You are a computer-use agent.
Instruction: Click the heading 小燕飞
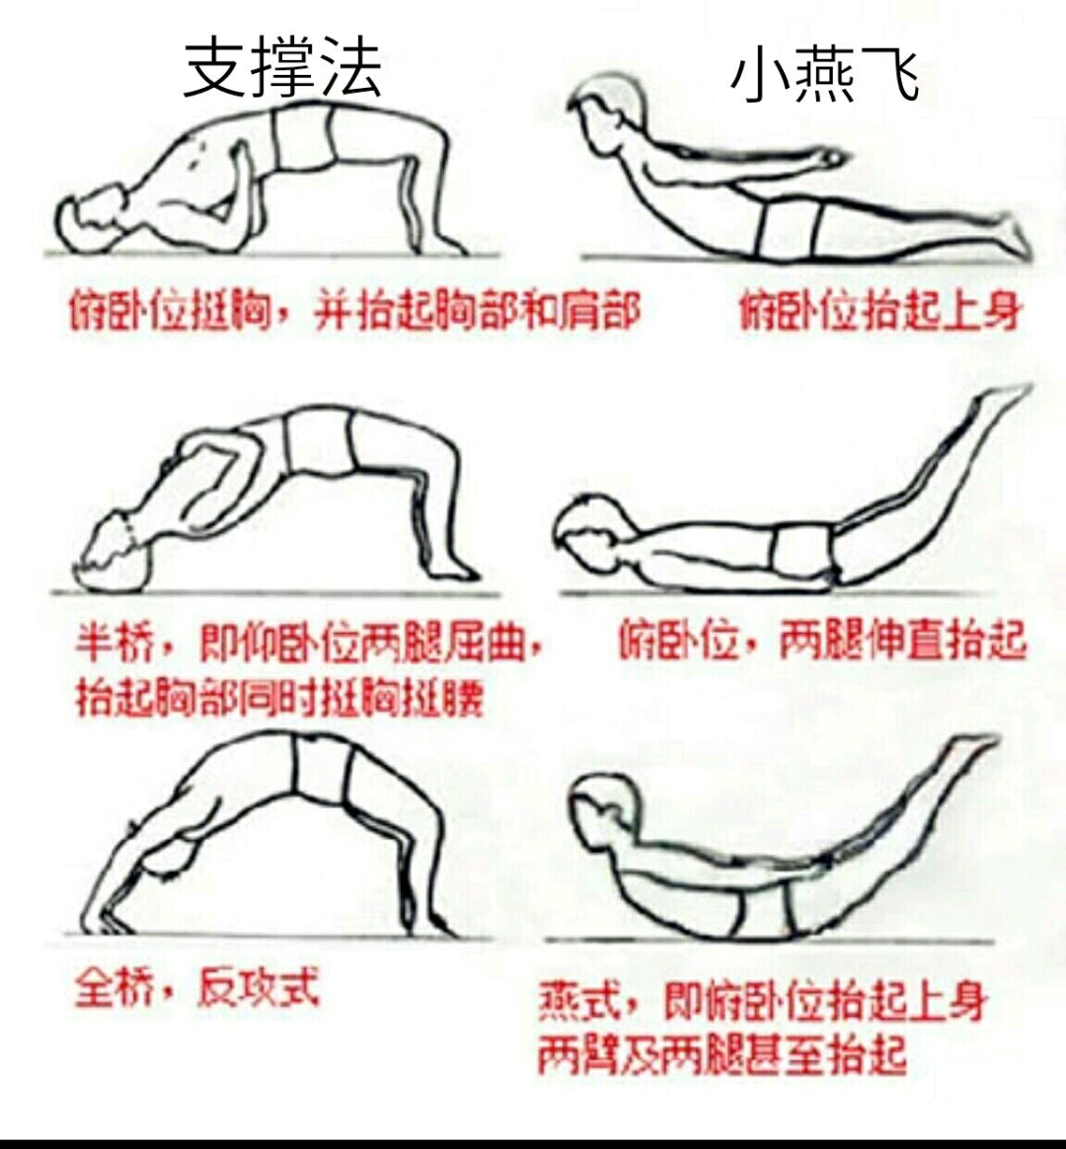tap(825, 73)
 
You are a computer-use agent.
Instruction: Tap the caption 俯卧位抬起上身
tap(879, 311)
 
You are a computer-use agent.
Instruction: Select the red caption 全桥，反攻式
tap(197, 988)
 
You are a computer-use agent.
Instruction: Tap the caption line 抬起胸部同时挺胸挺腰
tap(280, 698)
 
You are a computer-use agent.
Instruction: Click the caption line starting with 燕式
tap(762, 1001)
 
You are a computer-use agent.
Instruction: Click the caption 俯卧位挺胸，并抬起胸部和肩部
tap(354, 311)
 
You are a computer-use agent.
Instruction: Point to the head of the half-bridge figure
tap(114, 551)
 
